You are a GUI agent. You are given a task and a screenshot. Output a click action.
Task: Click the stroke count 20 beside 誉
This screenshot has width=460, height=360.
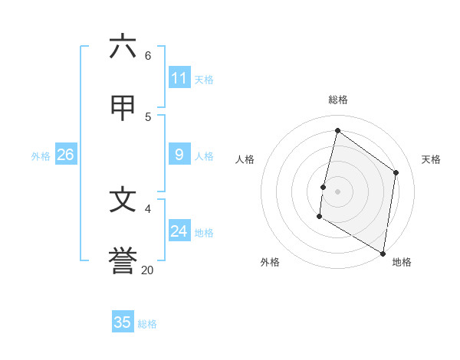(147, 270)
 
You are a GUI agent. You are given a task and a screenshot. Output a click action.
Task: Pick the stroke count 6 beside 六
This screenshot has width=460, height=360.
(148, 55)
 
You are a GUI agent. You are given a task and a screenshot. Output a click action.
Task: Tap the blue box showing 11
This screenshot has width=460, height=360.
(179, 78)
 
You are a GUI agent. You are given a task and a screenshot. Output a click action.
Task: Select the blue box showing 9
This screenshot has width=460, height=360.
(179, 155)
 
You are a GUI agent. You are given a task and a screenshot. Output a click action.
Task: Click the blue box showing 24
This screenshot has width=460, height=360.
(179, 231)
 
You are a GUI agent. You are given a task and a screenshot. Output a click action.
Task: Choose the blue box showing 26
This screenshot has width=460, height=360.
(65, 155)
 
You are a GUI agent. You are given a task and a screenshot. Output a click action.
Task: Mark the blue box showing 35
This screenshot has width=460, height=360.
(123, 322)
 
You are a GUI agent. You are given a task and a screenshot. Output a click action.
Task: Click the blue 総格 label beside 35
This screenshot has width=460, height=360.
(147, 324)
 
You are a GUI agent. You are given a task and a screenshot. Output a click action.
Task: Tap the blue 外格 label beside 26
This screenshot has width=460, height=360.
(41, 156)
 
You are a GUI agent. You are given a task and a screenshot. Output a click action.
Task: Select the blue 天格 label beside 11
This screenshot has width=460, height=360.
(204, 80)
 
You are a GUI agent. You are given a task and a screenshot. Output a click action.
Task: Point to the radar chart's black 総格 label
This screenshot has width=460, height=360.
(337, 100)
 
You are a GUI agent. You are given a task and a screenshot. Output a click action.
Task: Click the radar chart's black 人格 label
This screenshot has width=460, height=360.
(245, 159)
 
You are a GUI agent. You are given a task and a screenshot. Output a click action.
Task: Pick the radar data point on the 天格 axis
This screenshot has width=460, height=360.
(396, 172)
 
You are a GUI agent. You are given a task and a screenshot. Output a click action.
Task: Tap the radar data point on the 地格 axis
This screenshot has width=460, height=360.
(383, 253)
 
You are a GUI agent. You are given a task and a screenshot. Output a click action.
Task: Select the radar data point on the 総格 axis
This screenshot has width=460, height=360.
(337, 131)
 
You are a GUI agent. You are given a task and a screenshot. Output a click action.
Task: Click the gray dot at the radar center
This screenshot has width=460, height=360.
(337, 191)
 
